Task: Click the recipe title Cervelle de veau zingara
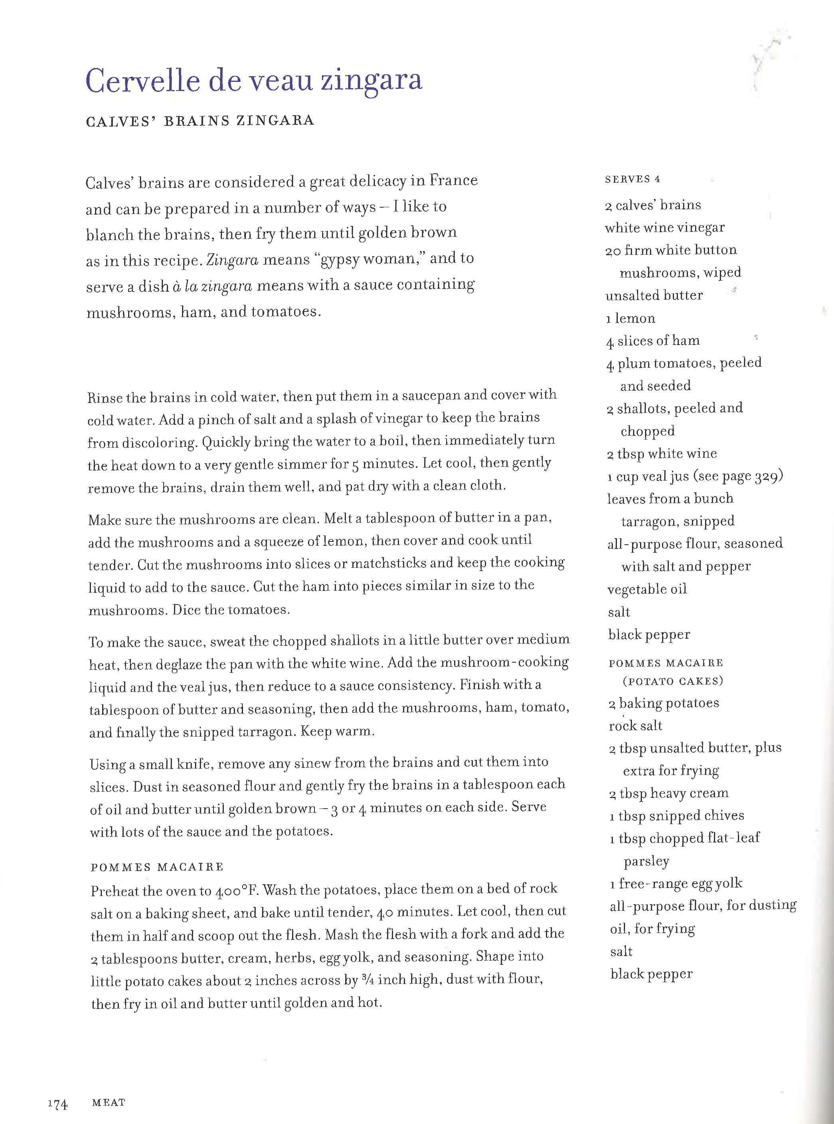pyautogui.click(x=253, y=81)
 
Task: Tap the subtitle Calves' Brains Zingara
pyautogui.click(x=200, y=121)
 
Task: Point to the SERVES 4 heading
pyautogui.click(x=632, y=179)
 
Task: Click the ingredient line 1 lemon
pyautogui.click(x=630, y=318)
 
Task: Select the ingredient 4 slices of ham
pyautogui.click(x=653, y=341)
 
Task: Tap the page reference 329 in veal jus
pyautogui.click(x=767, y=476)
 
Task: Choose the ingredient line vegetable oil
pyautogui.click(x=647, y=589)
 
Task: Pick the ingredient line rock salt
pyautogui.click(x=635, y=726)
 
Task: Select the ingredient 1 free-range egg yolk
pyautogui.click(x=676, y=883)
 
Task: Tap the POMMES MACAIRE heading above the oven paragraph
pyautogui.click(x=157, y=867)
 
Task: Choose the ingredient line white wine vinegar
pyautogui.click(x=664, y=228)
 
